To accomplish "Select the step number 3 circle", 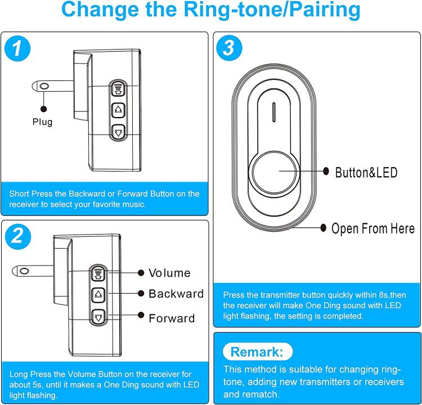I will [x=228, y=48].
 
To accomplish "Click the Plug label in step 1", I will [x=42, y=122].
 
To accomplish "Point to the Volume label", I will [x=169, y=273].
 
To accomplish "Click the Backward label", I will [x=176, y=294].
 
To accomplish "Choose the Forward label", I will [x=172, y=318].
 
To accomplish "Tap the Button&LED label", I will [x=366, y=172].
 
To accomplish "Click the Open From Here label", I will [x=372, y=228].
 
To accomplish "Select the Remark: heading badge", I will [x=258, y=352].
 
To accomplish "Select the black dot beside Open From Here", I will [x=324, y=228].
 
